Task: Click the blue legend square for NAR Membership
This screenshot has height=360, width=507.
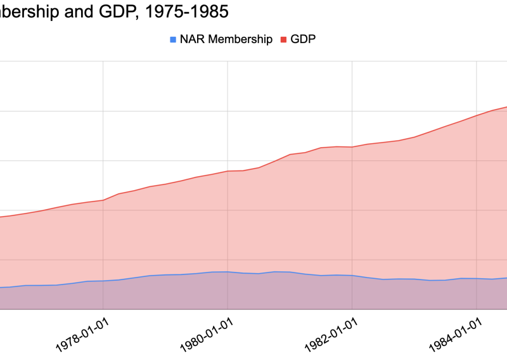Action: [x=172, y=40]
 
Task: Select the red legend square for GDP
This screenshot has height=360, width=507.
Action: [x=285, y=40]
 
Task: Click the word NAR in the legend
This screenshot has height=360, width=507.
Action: [x=191, y=39]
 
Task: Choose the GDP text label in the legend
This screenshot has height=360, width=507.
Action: [x=303, y=39]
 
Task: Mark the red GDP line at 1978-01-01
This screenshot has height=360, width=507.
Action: [x=103, y=200]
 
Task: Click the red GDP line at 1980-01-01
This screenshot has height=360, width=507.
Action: [x=227, y=171]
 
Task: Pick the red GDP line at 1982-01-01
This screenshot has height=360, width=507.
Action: [x=352, y=147]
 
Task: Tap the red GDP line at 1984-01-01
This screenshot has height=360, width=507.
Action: [x=476, y=116]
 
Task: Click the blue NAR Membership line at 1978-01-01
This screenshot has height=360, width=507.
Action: [x=103, y=281]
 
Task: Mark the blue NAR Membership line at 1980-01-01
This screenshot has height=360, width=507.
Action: [x=227, y=272]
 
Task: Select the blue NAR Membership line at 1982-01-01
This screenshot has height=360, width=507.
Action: [x=352, y=276]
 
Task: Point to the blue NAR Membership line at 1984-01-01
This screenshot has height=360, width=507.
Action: [x=476, y=278]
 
